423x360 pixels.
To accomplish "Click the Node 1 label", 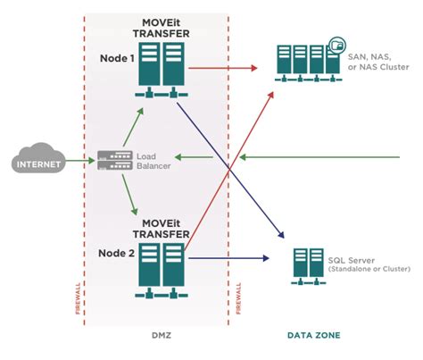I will [x=119, y=57].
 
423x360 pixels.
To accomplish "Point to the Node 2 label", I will [x=119, y=253].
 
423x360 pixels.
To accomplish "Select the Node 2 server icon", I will [x=160, y=263].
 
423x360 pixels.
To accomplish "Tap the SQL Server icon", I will [x=308, y=264].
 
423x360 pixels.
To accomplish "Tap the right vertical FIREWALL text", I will [x=239, y=295].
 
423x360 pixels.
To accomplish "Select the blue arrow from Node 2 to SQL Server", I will [x=228, y=259].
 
